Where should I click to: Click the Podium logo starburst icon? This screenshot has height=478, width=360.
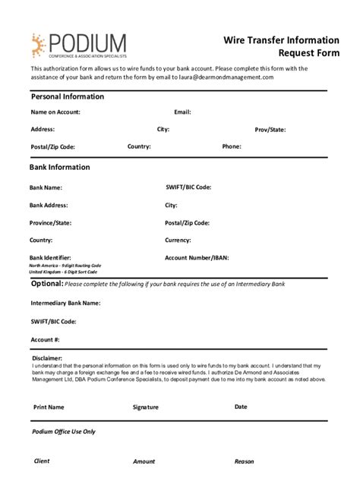[x=39, y=46]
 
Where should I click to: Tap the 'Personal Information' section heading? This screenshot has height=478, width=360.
[x=67, y=97]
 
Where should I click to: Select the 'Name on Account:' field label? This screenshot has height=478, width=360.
[x=55, y=112]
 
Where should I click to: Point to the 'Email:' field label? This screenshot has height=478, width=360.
[x=182, y=112]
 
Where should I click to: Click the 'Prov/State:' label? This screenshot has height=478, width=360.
[x=270, y=130]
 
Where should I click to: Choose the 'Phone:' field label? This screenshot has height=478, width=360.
[x=232, y=146]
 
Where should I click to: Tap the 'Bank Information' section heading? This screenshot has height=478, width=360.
[x=59, y=167]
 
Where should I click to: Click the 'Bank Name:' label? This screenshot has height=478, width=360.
[x=46, y=187]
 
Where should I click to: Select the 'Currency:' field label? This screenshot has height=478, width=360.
[x=178, y=241]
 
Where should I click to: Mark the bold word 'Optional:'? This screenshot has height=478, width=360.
[x=46, y=284]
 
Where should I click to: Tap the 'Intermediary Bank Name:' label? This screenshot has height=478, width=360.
[x=65, y=303]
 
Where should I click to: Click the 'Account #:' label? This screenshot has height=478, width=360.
[x=46, y=339]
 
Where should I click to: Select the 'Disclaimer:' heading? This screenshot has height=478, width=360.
[x=47, y=357]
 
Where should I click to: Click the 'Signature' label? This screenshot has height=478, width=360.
[x=146, y=407]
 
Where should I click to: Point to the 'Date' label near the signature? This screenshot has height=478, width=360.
[x=241, y=407]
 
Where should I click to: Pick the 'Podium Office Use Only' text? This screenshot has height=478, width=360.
[x=64, y=432]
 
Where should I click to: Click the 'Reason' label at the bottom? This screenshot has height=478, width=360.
[x=244, y=461]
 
